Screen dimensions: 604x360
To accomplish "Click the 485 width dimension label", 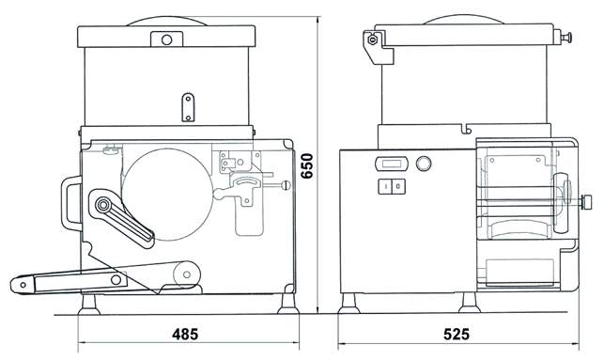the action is [185, 335].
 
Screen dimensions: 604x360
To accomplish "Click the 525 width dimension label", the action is [457, 335].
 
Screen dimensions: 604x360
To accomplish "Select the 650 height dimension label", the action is [307, 165].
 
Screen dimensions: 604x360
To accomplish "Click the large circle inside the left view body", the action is [167, 195].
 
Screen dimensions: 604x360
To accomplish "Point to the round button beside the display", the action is [424, 164].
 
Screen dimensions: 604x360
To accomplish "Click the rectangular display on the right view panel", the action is [391, 164].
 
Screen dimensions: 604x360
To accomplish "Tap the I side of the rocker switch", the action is [385, 186].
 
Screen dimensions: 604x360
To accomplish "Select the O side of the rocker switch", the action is [398, 186].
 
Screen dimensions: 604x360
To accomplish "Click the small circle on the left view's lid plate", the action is [167, 39].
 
